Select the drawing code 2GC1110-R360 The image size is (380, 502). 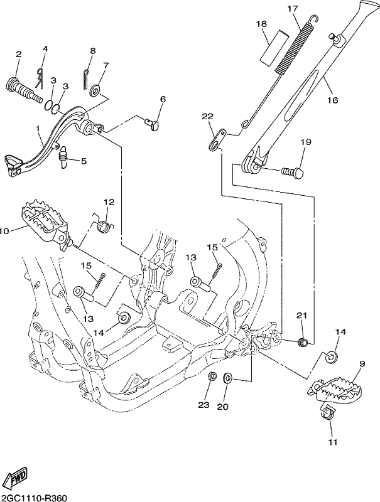34,498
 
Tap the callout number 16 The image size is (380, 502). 333,100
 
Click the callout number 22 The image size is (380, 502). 208,116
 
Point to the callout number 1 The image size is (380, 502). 38,129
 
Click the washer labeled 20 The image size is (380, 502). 228,378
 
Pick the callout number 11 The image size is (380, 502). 333,442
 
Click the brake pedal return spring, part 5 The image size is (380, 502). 63,157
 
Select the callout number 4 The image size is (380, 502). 45,49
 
